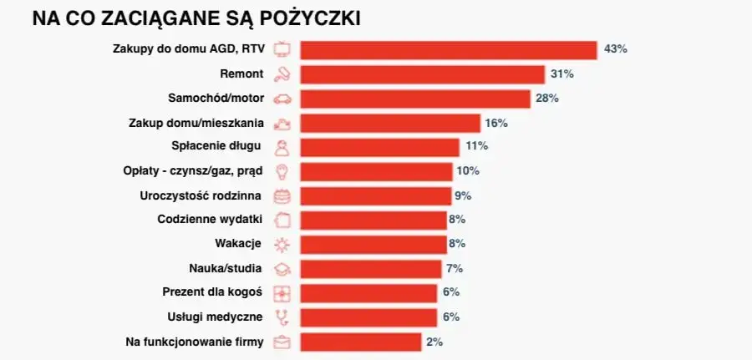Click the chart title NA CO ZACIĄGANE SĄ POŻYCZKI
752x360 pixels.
pos(196,18)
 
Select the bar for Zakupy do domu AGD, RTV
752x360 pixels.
pos(448,49)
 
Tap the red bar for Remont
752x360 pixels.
pos(422,74)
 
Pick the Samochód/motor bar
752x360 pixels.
pos(414,99)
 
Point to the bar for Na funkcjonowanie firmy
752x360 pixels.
pos(360,342)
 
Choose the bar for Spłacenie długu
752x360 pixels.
pos(379,147)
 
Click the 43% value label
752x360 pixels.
pos(615,49)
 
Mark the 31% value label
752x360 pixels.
pos(561,74)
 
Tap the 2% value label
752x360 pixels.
pos(434,342)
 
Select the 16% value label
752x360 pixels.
pos(496,123)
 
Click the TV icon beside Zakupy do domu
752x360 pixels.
pos(283,48)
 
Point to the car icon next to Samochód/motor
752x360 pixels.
pos(283,99)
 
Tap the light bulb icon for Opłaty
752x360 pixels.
pos(283,171)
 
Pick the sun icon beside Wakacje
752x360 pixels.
pos(283,244)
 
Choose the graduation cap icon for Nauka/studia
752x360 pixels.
pos(283,269)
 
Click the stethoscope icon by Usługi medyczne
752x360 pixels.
pos(283,317)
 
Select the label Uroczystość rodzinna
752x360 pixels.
pos(201,195)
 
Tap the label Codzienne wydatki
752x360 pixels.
pos(211,220)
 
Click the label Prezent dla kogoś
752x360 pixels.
pos(212,292)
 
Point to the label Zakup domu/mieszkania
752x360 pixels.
pos(196,123)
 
